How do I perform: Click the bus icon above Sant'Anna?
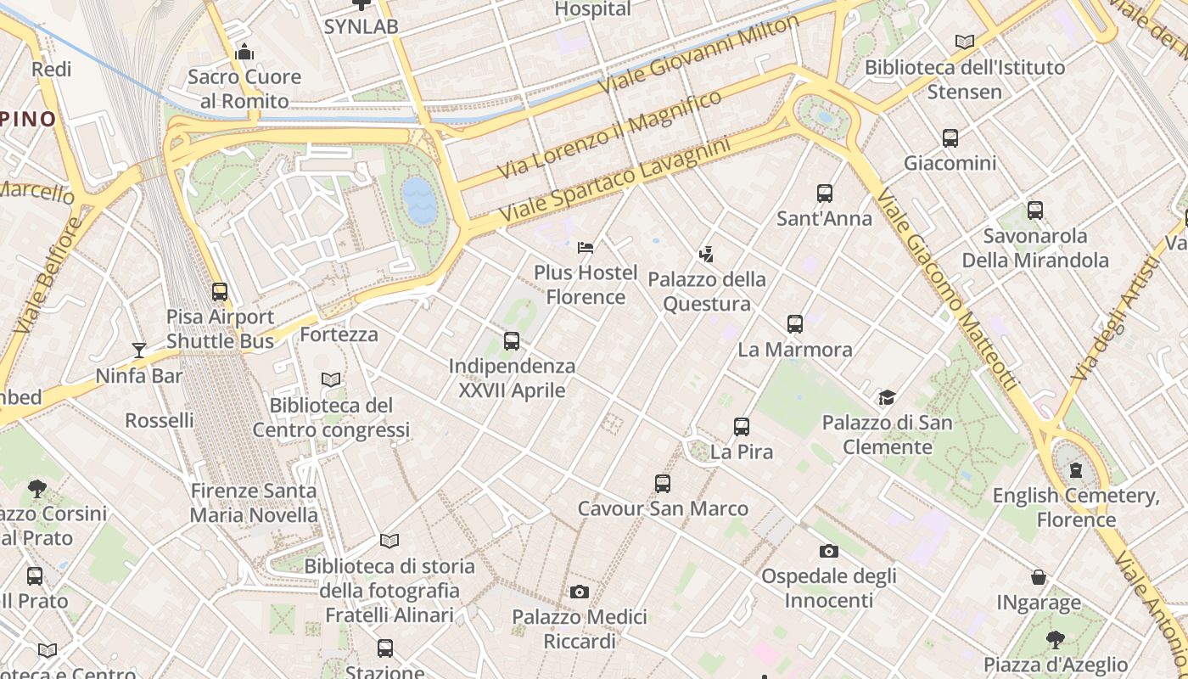824,194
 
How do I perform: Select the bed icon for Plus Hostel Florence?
585,248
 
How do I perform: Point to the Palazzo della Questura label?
707,291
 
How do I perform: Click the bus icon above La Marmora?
794,324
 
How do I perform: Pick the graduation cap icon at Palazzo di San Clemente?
887,397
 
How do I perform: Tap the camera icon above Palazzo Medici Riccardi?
580,592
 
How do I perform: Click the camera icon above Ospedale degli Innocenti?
829,552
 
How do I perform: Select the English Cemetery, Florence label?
1076,507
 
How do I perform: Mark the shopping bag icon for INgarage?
1038,578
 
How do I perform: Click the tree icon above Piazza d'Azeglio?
1055,639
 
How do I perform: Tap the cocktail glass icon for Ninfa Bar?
139,351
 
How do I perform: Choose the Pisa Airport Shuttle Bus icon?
220,292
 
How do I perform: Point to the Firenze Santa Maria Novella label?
254,502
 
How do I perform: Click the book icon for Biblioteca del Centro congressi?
331,380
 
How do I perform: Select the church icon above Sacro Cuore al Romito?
244,53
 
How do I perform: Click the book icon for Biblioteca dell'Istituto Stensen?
964,42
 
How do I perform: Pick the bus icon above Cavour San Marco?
663,484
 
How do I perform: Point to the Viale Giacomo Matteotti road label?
945,289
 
